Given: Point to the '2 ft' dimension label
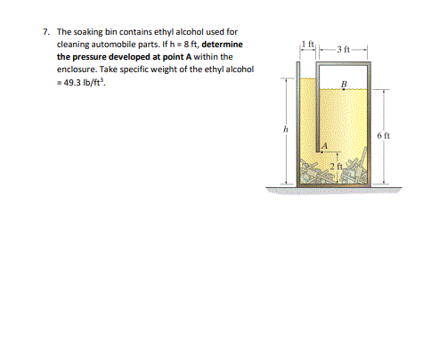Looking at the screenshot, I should pyautogui.click(x=337, y=167).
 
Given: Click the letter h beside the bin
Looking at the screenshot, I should pyautogui.click(x=285, y=130).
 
